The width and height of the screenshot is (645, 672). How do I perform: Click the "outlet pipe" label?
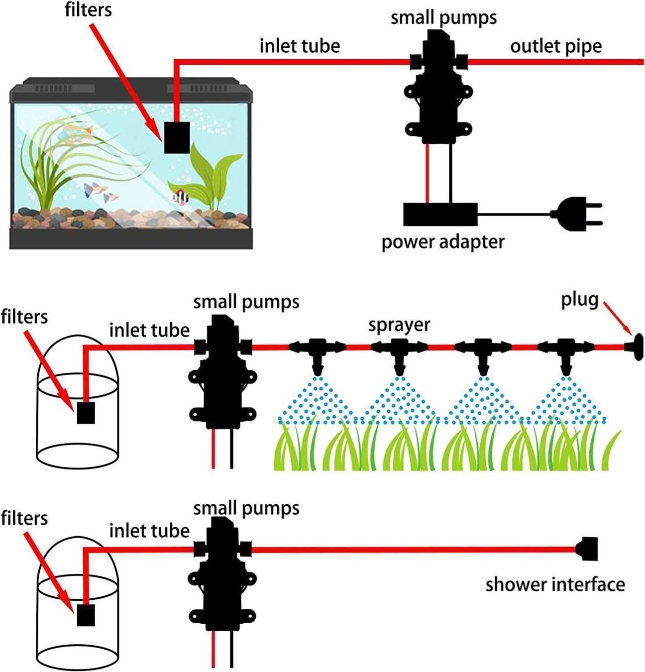(x=555, y=46)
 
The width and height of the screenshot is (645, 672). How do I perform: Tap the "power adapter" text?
(x=442, y=242)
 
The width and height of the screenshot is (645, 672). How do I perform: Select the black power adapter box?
(x=440, y=214)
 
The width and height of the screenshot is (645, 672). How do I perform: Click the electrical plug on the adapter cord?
(x=577, y=215)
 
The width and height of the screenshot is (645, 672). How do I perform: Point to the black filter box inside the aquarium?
(x=177, y=137)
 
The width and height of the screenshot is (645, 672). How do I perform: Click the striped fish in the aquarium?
(x=180, y=197)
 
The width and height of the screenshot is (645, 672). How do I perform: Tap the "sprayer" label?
(x=399, y=325)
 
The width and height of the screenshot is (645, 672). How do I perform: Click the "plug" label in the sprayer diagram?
(x=579, y=300)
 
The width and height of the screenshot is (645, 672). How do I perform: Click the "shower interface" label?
(x=555, y=584)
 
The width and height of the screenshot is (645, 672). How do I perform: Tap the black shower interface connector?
(x=587, y=549)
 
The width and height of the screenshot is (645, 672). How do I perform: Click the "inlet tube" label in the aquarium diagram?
(x=300, y=46)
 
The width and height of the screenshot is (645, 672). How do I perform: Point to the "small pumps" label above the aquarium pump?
(x=443, y=17)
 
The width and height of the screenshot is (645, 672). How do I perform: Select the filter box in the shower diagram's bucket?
(x=86, y=615)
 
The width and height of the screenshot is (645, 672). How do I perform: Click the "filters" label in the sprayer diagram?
(x=24, y=317)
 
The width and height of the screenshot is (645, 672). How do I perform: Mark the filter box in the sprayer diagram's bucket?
(x=86, y=413)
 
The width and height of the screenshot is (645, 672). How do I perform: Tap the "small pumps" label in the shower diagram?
(x=246, y=508)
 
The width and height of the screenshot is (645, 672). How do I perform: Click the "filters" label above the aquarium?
(x=88, y=10)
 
